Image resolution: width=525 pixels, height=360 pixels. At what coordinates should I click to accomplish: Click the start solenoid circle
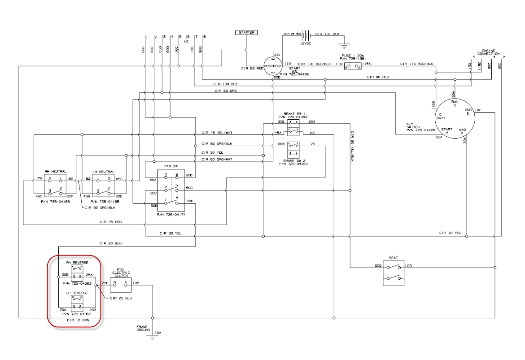(x=273, y=66)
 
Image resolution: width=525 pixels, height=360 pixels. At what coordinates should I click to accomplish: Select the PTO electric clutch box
(x=120, y=283)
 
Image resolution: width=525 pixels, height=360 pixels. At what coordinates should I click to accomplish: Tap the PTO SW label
(x=166, y=165)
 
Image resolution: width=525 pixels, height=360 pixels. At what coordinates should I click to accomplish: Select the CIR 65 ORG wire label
(x=226, y=91)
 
